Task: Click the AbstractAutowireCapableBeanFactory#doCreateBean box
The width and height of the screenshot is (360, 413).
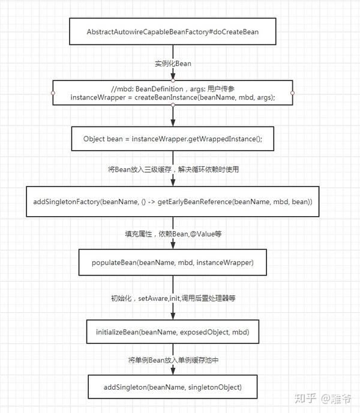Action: pos(172,32)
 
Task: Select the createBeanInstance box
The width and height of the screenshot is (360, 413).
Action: pos(172,92)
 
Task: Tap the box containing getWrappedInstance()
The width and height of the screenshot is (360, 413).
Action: pos(172,139)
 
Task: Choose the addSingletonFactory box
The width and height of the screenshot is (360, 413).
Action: pos(172,202)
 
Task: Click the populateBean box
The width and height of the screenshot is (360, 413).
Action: pos(172,263)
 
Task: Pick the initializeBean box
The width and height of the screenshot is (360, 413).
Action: pos(172,332)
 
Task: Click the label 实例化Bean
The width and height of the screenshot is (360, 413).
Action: pos(172,63)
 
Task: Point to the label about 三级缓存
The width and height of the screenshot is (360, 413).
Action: pos(173,169)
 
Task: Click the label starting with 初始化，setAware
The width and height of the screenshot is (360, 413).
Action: pos(173,297)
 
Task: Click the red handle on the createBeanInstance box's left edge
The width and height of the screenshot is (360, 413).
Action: pos(53,93)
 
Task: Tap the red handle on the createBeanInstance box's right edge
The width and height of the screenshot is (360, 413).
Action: pos(292,93)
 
